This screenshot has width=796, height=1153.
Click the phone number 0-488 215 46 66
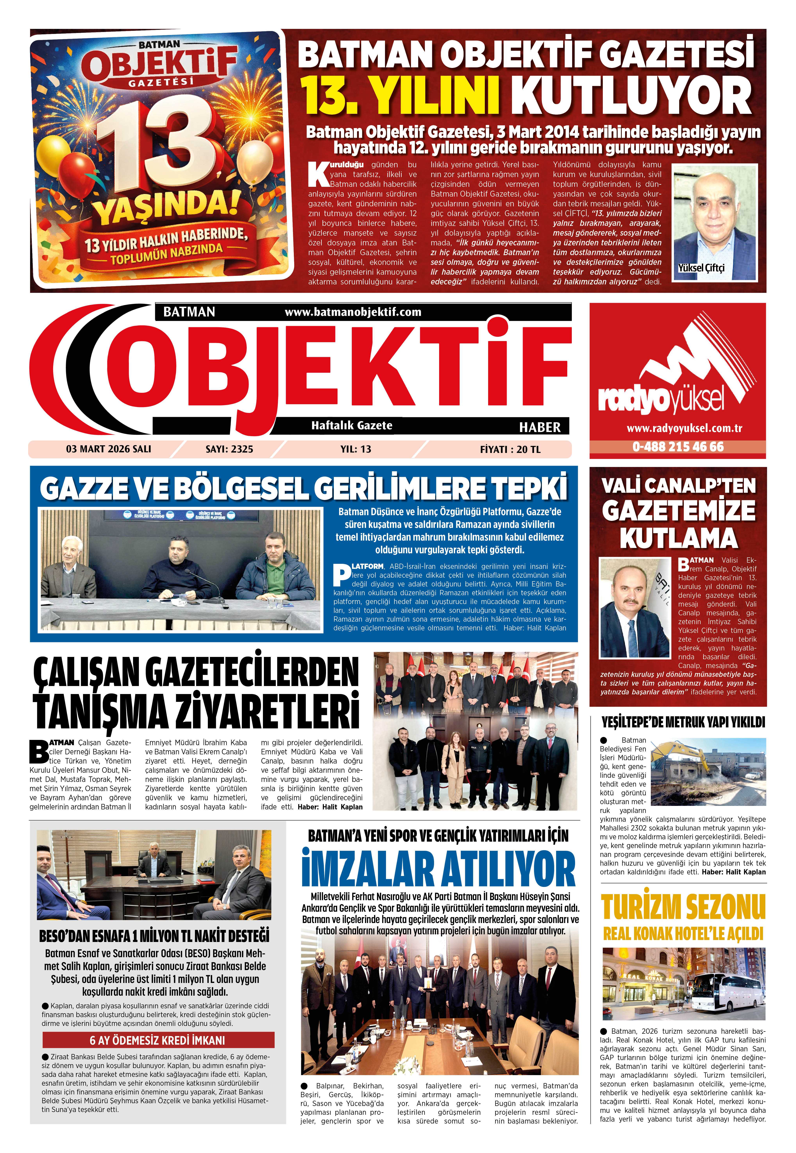(x=677, y=447)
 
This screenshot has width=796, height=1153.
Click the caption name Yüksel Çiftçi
(x=701, y=268)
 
